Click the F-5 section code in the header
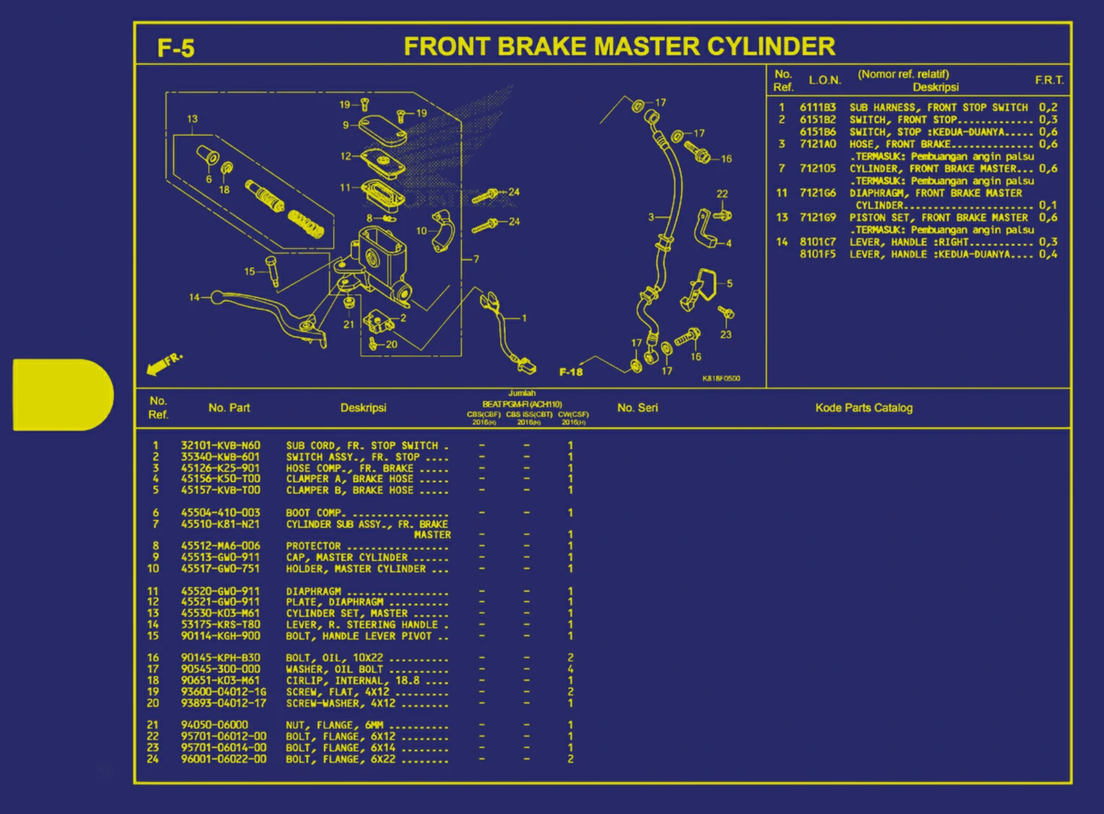tap(176, 48)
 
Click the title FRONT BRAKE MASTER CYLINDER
tap(619, 46)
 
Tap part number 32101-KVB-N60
tap(220, 446)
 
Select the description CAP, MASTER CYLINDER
tap(347, 557)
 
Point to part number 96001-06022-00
tap(223, 759)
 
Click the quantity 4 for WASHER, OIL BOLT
tap(570, 669)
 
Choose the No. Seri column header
tap(637, 408)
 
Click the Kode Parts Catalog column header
tap(863, 408)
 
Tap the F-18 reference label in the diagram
tap(571, 372)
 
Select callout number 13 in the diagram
tap(192, 119)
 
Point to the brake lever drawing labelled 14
tap(267, 311)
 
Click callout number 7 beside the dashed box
tap(476, 259)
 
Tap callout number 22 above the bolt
tap(722, 194)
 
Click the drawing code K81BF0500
tap(720, 378)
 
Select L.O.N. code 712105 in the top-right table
tap(817, 168)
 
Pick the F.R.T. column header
tap(1048, 80)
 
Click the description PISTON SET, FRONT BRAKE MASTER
tap(938, 217)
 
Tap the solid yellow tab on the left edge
tap(62, 394)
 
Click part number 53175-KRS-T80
tap(220, 624)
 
